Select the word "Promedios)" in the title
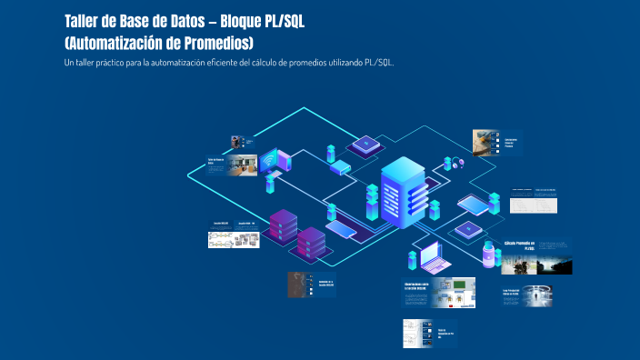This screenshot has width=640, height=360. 215,43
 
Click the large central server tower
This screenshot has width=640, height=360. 403,191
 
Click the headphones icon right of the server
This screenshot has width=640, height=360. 452,164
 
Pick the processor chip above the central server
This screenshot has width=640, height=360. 365,145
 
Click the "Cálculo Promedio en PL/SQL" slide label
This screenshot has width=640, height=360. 520,246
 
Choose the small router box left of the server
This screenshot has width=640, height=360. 339,166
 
